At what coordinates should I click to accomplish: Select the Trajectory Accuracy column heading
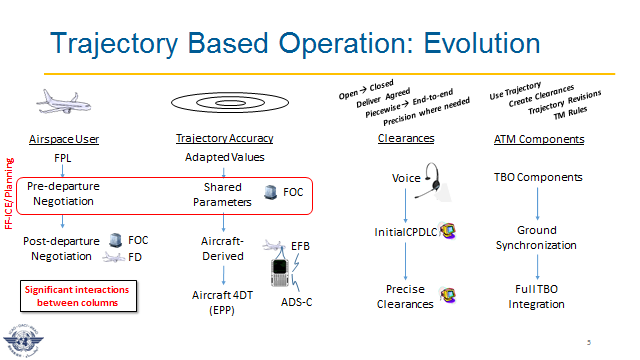224,138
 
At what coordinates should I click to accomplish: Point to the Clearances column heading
406,140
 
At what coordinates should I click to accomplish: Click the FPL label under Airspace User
62,158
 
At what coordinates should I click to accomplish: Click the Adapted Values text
224,158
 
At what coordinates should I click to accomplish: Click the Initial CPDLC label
404,233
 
